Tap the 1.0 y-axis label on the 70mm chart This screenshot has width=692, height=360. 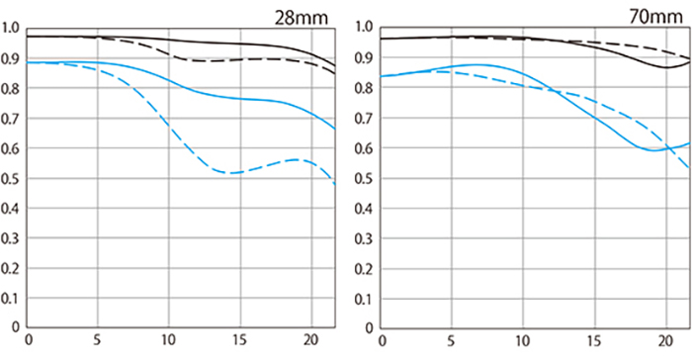pos(364,28)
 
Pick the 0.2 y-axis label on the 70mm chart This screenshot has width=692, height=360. pos(364,268)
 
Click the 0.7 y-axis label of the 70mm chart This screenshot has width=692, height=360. pos(364,119)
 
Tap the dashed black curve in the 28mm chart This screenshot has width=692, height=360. pos(198,60)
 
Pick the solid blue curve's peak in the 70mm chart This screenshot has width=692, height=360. pos(476,64)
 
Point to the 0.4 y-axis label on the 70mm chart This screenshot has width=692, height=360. pos(364,209)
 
